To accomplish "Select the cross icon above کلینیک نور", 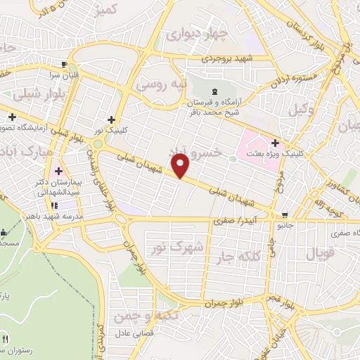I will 112,120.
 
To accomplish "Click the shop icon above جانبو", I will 284,215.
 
